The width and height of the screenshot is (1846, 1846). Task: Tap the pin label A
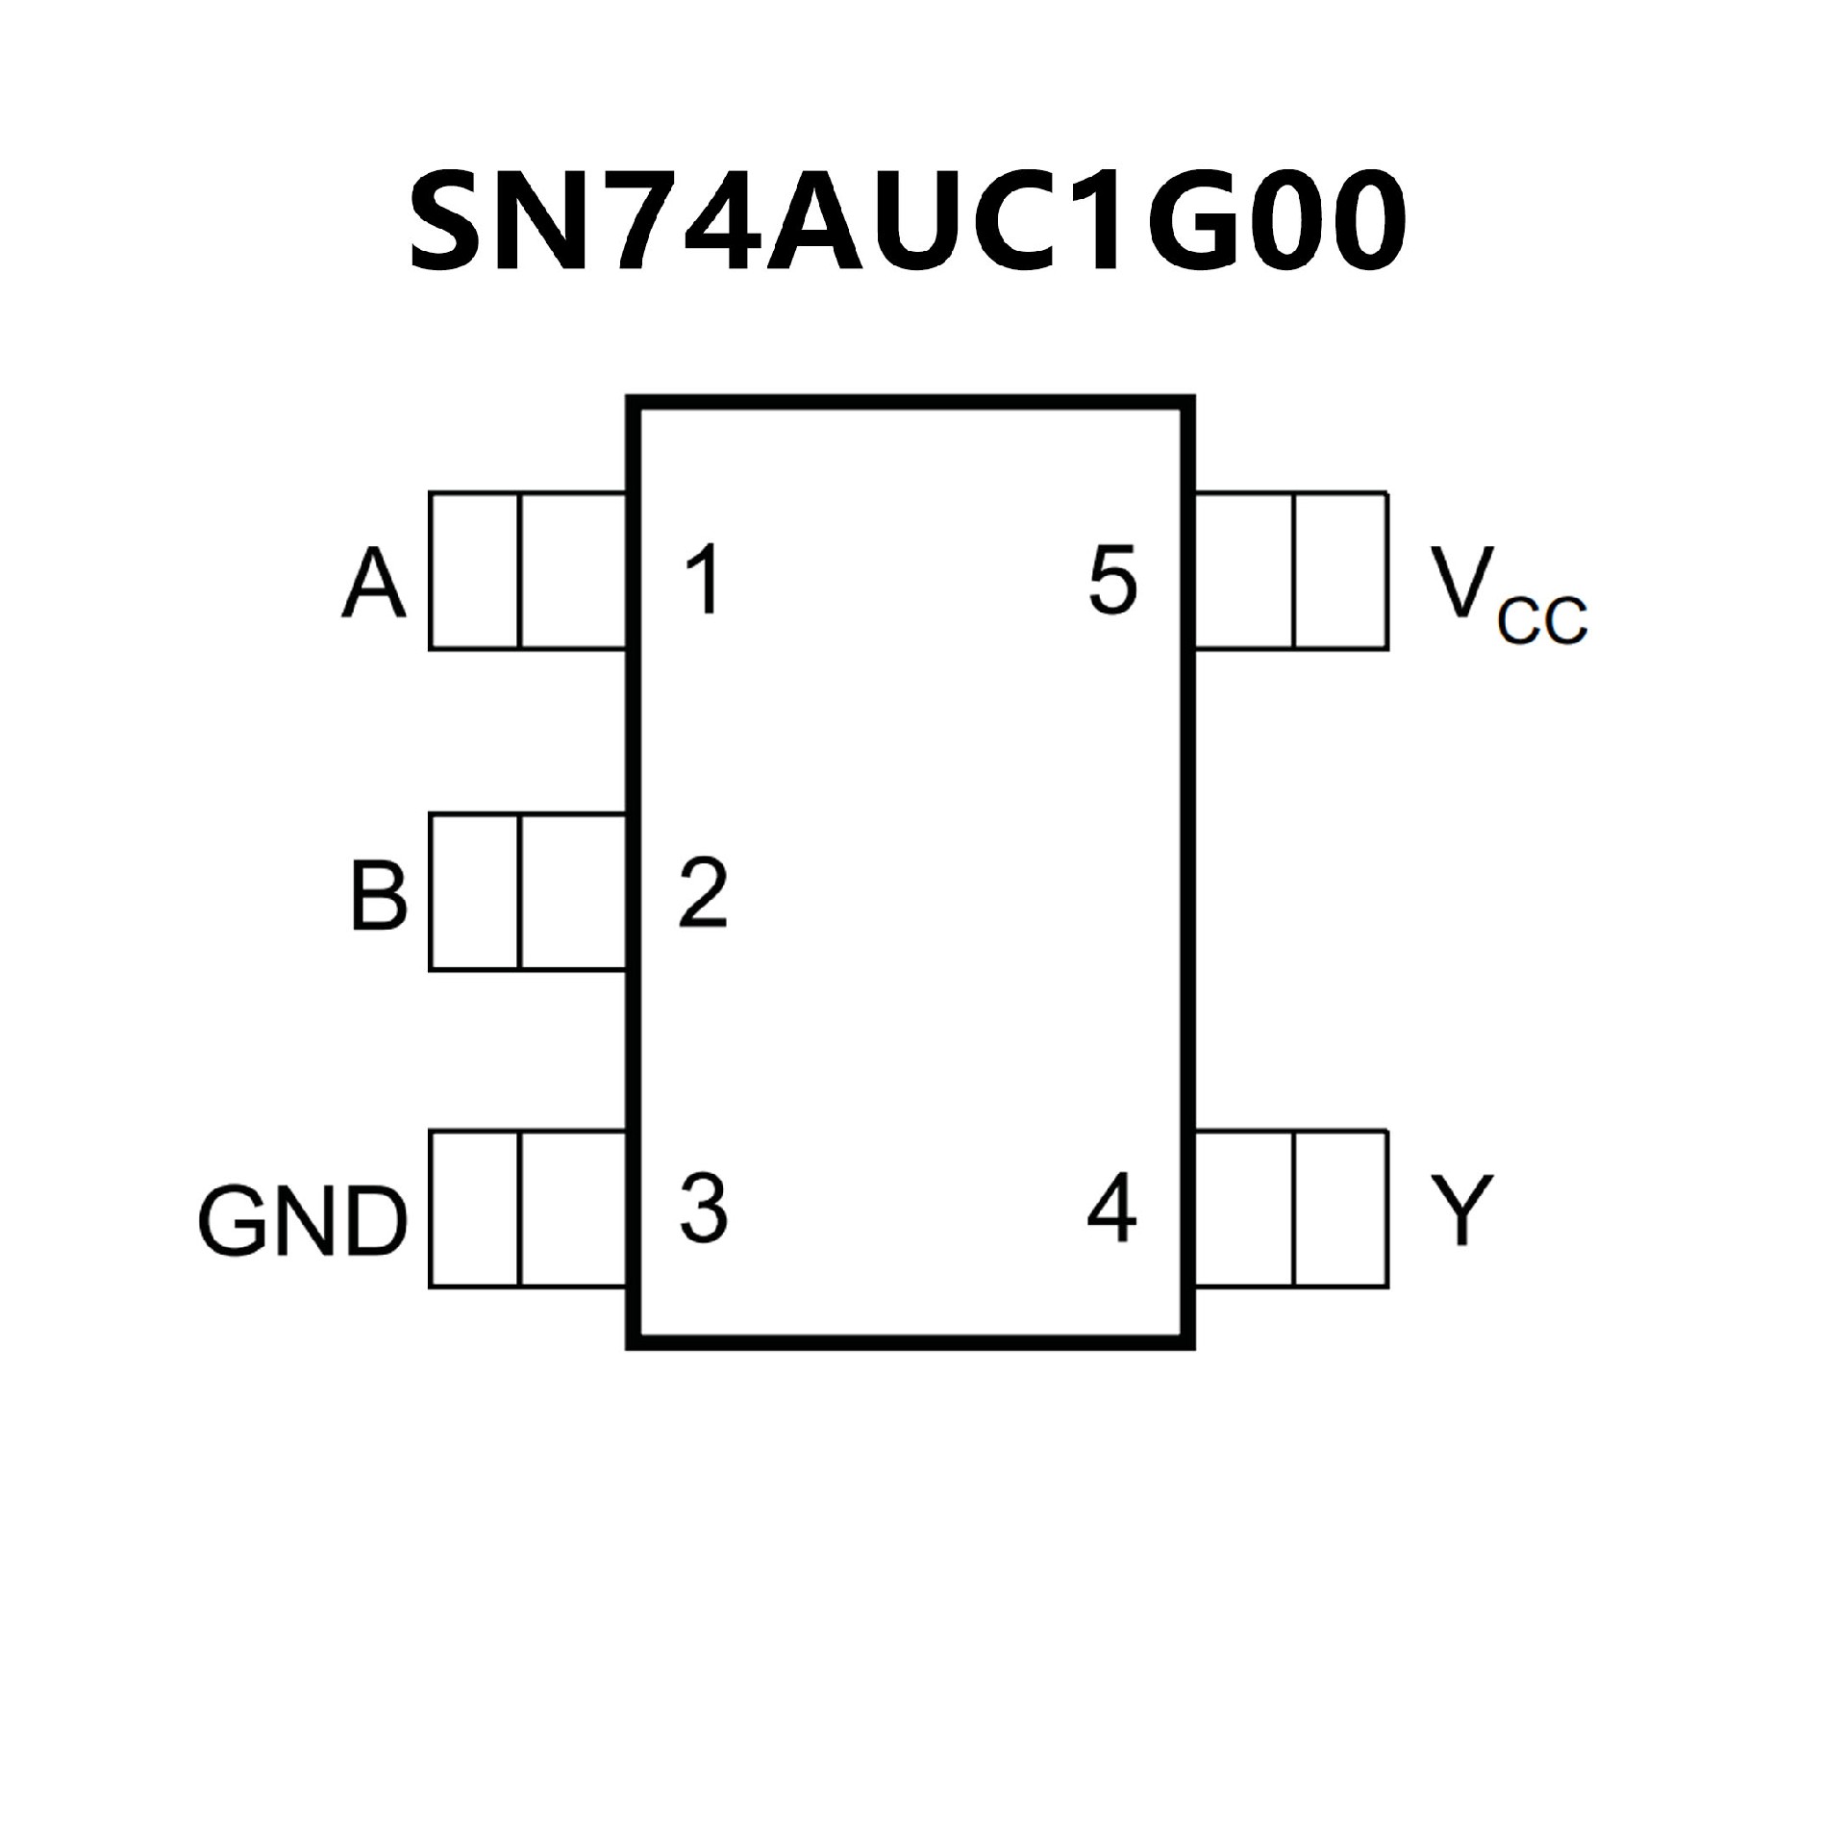pos(373,586)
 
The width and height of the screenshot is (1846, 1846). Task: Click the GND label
pos(302,1221)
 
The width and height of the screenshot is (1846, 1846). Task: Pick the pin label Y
pos(1460,1210)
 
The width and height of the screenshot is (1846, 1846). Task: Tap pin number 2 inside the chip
pos(703,893)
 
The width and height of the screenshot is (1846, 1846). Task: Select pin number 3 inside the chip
pos(704,1207)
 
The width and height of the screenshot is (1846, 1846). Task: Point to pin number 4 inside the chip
pos(1111,1207)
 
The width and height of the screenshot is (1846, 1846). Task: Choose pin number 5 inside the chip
pos(1113,579)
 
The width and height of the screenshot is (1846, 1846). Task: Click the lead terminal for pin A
pos(527,571)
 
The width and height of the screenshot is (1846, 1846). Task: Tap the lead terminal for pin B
pos(527,891)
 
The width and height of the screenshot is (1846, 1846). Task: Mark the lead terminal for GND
pos(527,1209)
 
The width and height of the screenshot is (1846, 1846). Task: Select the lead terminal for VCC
pos(1291,571)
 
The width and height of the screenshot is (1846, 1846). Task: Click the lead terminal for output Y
pos(1291,1209)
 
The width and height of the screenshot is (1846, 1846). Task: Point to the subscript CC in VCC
pos(1542,622)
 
